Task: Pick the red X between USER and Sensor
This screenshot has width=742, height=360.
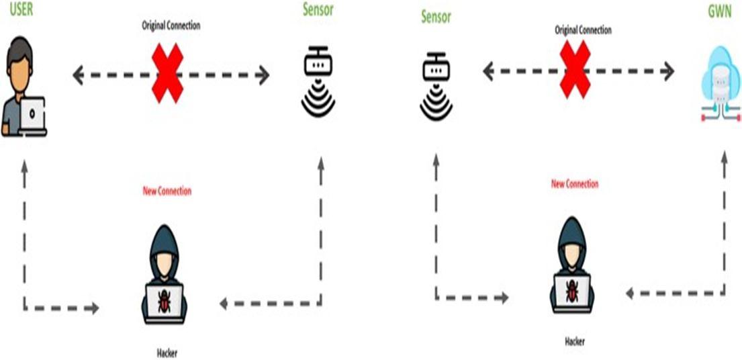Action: pyautogui.click(x=168, y=74)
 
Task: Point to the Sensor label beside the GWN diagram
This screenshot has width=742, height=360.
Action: pyautogui.click(x=436, y=16)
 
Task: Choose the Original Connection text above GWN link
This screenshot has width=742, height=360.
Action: pyautogui.click(x=583, y=30)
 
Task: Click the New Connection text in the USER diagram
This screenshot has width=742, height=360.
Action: pyautogui.click(x=167, y=191)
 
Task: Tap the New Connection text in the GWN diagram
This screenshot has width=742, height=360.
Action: pyautogui.click(x=574, y=183)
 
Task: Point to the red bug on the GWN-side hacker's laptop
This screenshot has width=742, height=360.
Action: pyautogui.click(x=573, y=291)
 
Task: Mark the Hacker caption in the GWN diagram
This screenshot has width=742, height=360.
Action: pyautogui.click(x=574, y=341)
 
